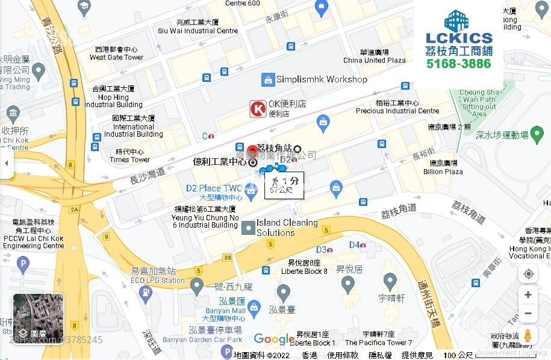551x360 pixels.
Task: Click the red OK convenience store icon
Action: pos(258,108)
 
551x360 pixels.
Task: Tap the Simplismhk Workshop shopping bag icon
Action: pos(268,79)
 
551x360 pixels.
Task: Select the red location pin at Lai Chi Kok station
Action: pos(254,151)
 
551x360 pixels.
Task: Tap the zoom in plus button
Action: pos(528,294)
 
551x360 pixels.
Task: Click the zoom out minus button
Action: pos(528,314)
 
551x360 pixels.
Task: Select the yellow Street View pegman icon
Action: pos(528,335)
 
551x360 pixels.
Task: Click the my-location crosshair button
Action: pos(528,274)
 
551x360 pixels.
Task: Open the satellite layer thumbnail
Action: pos(38,318)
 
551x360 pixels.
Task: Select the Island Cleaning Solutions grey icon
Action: pos(248,228)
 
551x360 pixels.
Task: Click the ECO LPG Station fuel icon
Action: pos(146,292)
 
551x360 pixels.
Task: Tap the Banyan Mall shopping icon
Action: pos(254,307)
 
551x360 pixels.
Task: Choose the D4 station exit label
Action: pos(355,244)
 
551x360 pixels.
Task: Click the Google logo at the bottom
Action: pos(275,340)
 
